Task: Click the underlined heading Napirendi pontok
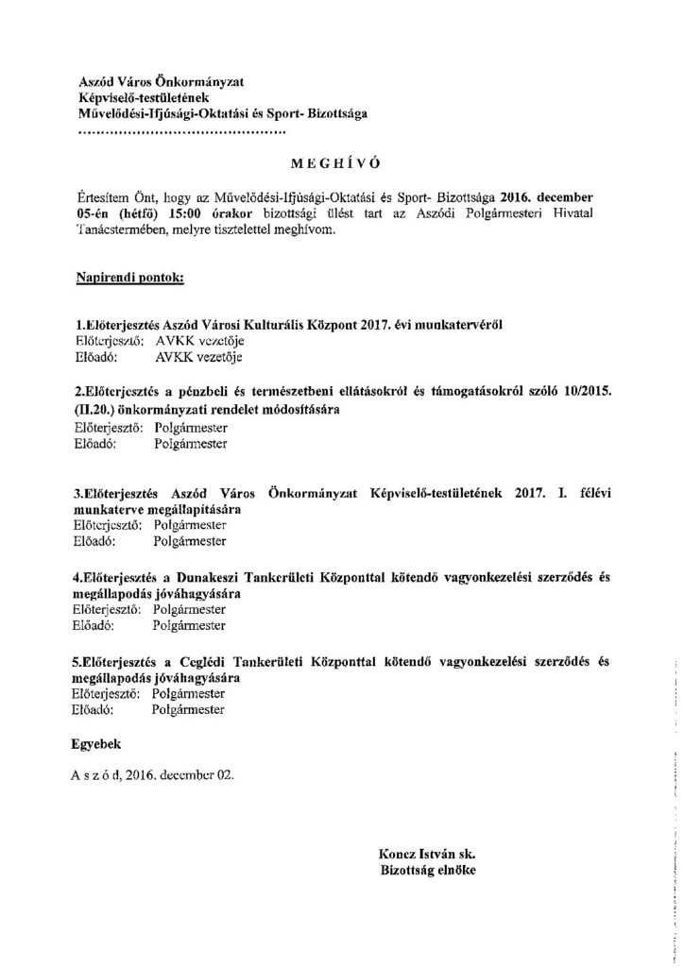click(128, 280)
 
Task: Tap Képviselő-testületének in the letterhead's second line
click(138, 99)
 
